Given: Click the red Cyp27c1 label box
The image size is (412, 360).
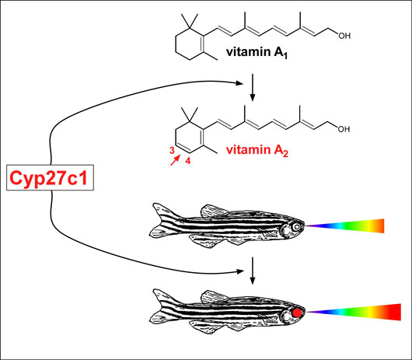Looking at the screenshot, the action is coord(50,177).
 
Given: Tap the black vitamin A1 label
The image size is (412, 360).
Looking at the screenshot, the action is coord(257,52).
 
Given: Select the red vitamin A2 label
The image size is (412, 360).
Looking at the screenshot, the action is coord(257,150).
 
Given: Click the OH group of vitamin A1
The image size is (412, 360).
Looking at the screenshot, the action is coord(344,36).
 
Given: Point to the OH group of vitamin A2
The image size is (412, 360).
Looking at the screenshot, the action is coord(344,129).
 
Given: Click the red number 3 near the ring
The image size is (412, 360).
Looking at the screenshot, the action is coord(172,150).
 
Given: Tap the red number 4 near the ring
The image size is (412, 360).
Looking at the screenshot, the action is coord(187,160).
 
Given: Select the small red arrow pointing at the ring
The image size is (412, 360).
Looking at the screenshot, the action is coord(176,160).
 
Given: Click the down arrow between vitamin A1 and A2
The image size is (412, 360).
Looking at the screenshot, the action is coord(252,87).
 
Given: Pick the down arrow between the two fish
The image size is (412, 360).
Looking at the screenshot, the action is coord(252,271).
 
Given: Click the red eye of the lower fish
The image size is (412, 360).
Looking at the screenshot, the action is coord(297,312).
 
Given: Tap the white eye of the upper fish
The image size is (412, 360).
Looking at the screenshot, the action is coord(297,226).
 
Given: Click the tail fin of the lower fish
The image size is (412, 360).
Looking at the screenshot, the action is coord(159,307).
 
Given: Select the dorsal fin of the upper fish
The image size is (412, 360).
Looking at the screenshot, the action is coord(213,211).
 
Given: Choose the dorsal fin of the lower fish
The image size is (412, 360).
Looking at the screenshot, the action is coord(213,297).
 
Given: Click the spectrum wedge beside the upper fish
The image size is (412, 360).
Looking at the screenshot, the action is coord(344,225).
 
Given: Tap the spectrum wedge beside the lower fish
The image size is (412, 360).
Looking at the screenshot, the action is coord(354,312).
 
